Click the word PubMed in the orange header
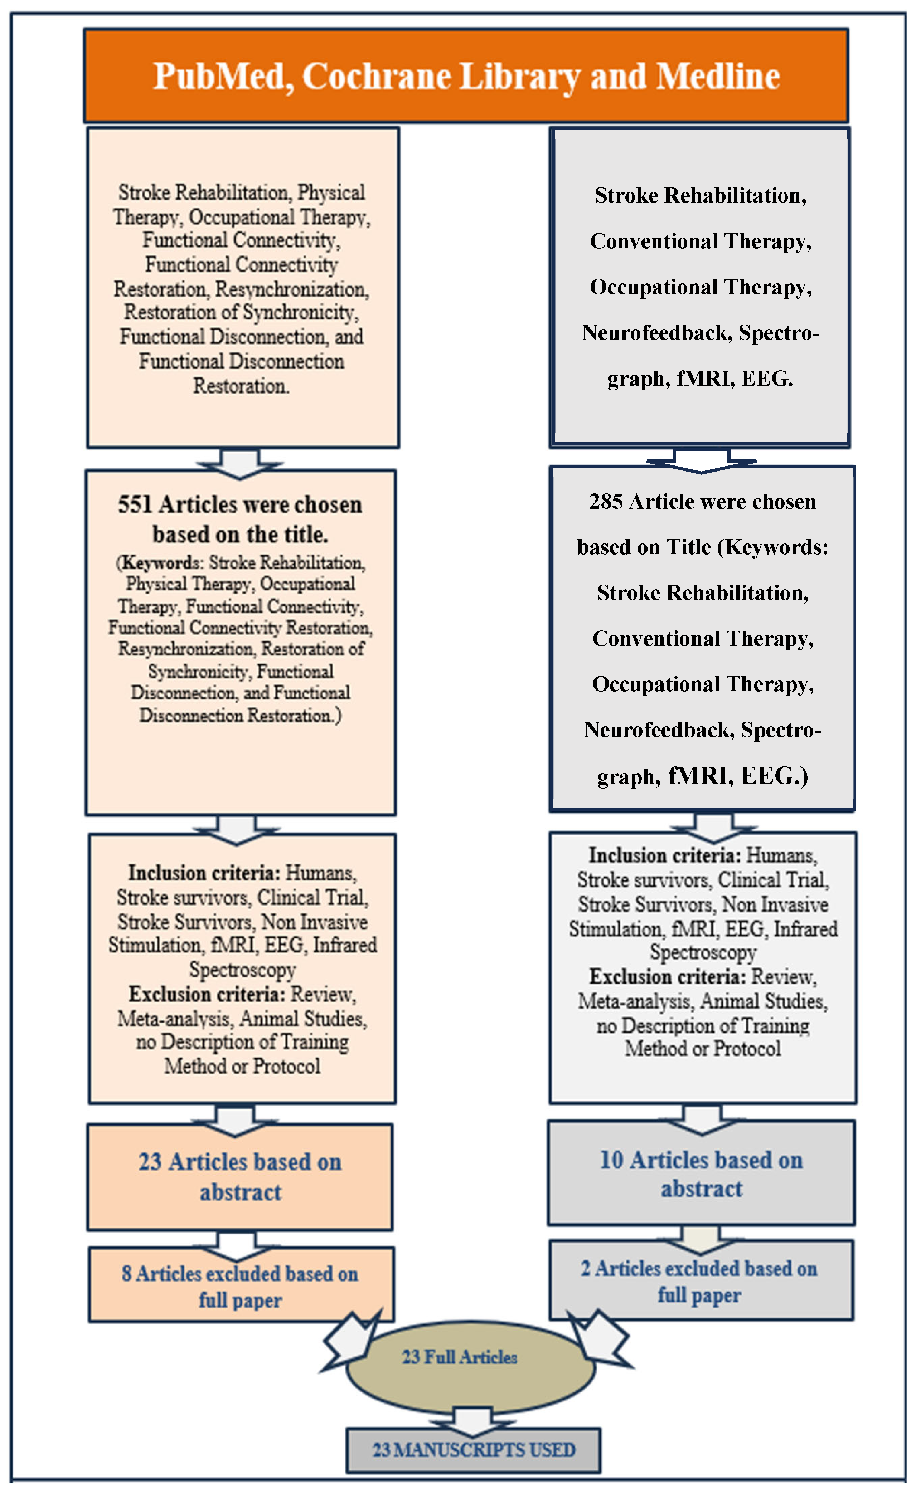pos(222,77)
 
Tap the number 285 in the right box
pos(606,502)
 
